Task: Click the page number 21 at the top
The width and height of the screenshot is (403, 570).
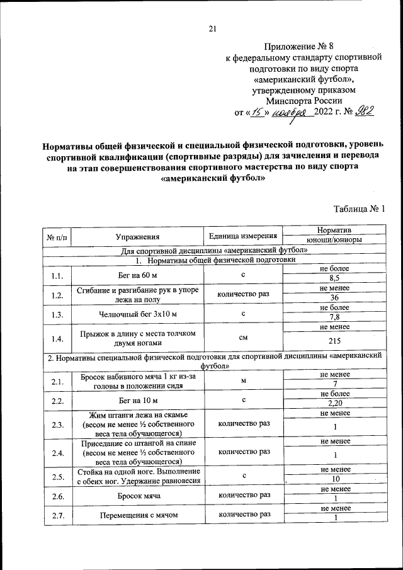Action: click(x=212, y=27)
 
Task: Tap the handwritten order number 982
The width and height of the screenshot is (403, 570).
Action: click(x=365, y=113)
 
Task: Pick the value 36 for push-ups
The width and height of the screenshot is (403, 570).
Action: click(x=334, y=298)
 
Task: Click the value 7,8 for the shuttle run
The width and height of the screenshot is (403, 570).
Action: click(x=334, y=317)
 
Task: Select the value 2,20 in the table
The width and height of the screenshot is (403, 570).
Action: click(x=334, y=404)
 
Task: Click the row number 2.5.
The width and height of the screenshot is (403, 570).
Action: click(x=57, y=477)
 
